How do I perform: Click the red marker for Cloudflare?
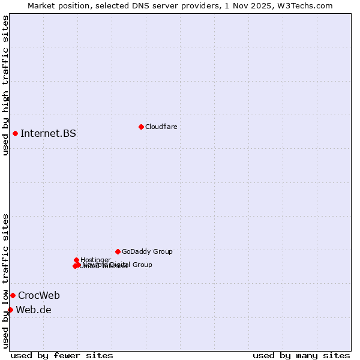click(141, 127)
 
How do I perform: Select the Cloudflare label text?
click(161, 127)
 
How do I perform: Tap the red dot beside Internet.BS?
click(15, 133)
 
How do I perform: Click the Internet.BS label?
click(48, 133)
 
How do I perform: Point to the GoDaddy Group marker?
click(118, 251)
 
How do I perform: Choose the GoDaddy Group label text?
click(147, 251)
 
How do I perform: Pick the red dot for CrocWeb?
click(13, 295)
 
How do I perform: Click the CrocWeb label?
click(39, 295)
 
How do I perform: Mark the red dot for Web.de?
click(10, 310)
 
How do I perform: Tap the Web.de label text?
click(34, 310)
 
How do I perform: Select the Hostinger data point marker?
click(76, 260)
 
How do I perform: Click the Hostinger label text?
click(95, 260)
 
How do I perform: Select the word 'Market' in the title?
click(43, 5)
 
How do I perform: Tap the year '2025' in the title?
click(268, 5)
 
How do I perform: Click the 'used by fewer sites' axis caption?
click(62, 355)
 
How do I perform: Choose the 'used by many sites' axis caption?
click(301, 355)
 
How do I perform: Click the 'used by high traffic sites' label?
click(5, 85)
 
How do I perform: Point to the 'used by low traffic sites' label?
click(5, 280)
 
